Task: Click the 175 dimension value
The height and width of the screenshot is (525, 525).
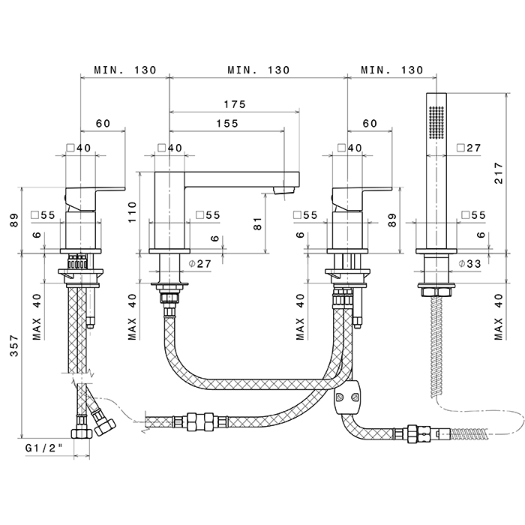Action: point(235,105)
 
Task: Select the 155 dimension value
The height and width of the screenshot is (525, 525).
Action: point(227,124)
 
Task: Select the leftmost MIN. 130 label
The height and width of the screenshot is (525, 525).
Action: point(125,70)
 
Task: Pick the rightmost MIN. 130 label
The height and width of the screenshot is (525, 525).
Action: point(391,70)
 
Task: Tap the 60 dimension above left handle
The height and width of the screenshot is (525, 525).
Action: point(103,124)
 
